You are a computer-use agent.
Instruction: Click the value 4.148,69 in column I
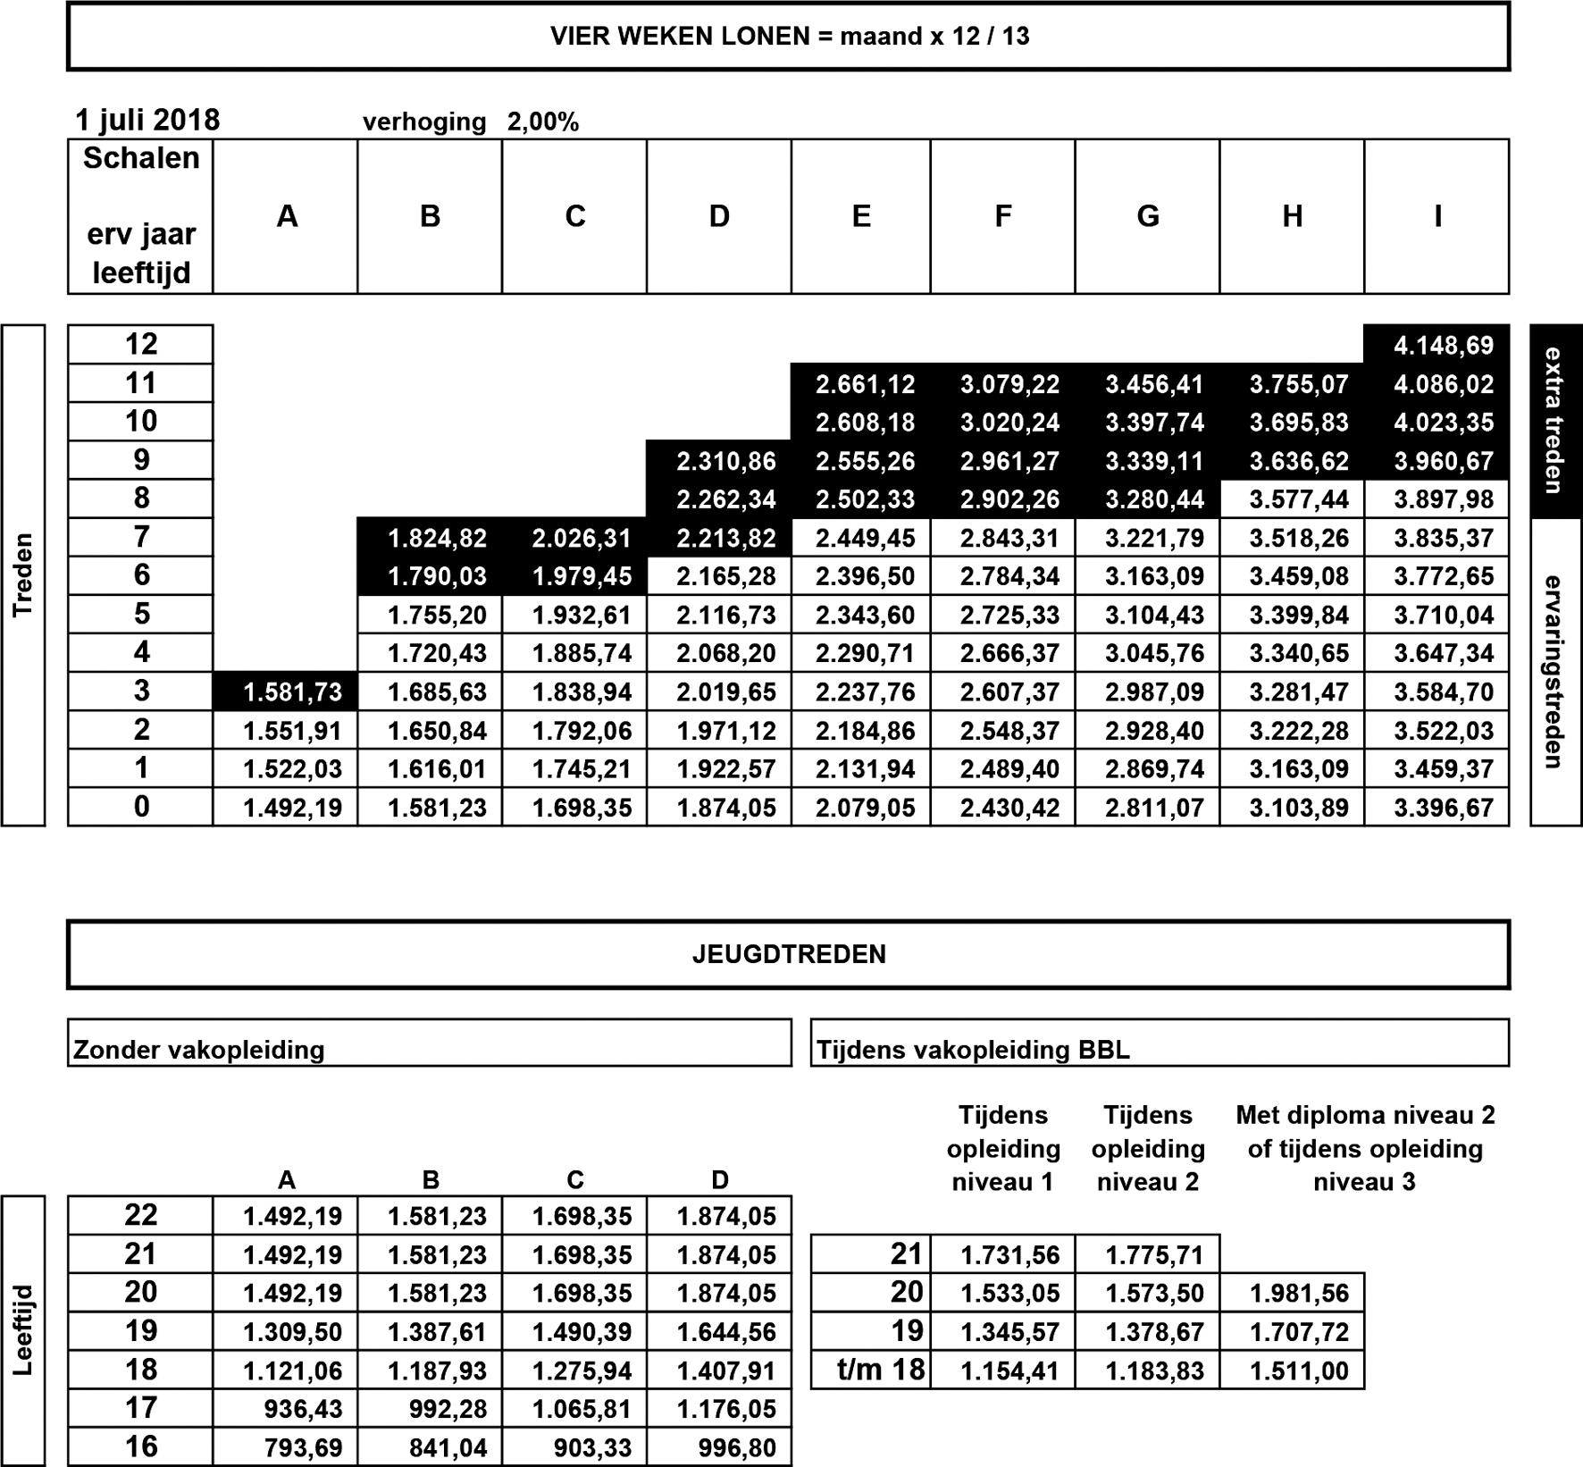[1443, 345]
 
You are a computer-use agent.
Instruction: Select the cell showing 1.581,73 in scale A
[292, 692]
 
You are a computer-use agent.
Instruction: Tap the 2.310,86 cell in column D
[725, 461]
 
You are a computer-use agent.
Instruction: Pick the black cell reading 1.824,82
[437, 538]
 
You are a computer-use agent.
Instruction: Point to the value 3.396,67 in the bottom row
[1443, 808]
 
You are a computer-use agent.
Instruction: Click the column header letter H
[1292, 216]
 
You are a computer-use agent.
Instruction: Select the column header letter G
[1147, 216]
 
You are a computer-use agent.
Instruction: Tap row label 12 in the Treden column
[141, 344]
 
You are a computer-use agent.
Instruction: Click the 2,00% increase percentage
[543, 122]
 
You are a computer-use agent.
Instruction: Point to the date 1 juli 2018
[147, 121]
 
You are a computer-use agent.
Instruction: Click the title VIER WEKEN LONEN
[789, 37]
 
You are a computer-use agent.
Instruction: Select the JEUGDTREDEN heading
[789, 954]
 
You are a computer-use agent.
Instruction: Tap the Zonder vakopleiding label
[198, 1049]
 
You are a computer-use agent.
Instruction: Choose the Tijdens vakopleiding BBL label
[973, 1049]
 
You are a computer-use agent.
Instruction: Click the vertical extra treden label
[1554, 420]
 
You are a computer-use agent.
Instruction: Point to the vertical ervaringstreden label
[1554, 672]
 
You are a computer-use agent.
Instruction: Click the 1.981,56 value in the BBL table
[1298, 1293]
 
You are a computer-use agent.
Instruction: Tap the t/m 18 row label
[881, 1370]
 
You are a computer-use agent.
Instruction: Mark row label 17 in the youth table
[141, 1408]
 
